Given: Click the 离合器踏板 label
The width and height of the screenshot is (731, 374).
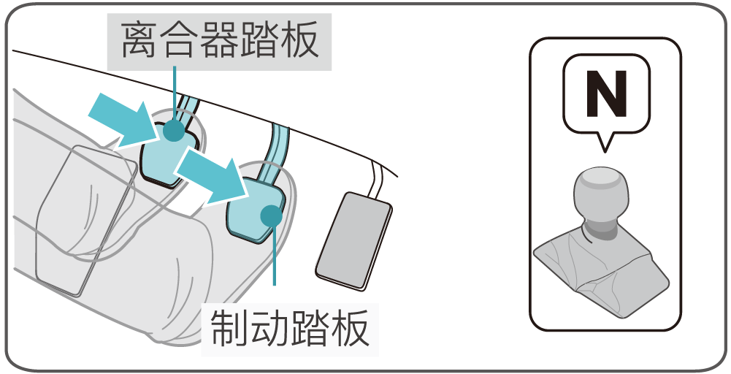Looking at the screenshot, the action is pos(220,40).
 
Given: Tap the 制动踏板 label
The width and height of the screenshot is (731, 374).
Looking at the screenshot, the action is pos(289,328).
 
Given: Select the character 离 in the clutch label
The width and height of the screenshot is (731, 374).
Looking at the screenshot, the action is pos(139,41).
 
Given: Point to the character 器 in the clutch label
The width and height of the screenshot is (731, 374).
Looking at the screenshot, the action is pos(220,41).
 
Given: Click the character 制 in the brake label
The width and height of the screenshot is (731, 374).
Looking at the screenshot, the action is pos(229,329).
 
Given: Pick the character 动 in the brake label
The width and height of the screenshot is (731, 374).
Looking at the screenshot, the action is pos(269,329).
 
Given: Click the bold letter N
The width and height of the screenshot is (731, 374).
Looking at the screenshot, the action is pos(606,93).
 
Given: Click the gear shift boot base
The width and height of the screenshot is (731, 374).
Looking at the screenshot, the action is pos(602,275).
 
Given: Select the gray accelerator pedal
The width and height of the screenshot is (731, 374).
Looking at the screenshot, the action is pos(353,240).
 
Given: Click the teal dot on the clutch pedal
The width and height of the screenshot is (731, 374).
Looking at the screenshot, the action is pos(174,129).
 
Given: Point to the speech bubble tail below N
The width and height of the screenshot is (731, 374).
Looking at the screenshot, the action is pos(605,142).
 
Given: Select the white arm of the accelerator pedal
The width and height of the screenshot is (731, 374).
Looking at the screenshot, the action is pos(376,180).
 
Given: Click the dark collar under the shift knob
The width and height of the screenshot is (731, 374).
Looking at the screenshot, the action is pos(601,229).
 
